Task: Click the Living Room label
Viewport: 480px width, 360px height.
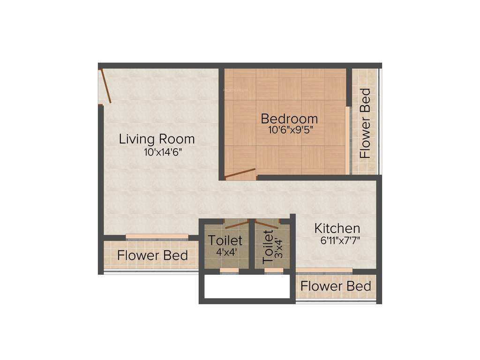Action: point(157,139)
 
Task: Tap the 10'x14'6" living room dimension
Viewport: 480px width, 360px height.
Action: point(163,152)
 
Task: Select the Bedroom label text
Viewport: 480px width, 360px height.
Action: point(289,119)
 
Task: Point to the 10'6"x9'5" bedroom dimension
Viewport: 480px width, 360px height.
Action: point(290,130)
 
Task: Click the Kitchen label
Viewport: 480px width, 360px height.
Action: point(337,229)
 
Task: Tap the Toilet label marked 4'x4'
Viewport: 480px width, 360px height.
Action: point(225,240)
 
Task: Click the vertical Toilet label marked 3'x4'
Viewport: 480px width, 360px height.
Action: point(268,248)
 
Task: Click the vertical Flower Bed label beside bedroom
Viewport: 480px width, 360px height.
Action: point(365,123)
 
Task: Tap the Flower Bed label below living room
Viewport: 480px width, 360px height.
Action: point(152,255)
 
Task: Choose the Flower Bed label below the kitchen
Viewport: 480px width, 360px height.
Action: point(336,286)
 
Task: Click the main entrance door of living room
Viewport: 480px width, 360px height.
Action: point(105,86)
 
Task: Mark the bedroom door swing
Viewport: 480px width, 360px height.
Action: point(240,174)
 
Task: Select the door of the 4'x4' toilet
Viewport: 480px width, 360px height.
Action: point(235,224)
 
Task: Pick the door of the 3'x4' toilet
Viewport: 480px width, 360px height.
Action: point(267,224)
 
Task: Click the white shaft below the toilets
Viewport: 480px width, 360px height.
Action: point(247,286)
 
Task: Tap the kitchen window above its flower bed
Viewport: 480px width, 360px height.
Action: point(324,270)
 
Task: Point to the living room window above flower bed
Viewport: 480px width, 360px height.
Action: point(157,237)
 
